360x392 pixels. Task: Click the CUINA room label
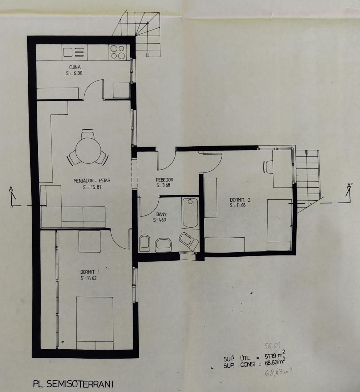click(x=75, y=67)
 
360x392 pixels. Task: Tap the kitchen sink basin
click(x=68, y=52)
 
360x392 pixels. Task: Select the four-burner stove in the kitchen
click(x=118, y=52)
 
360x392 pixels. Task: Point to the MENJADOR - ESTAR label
click(x=92, y=180)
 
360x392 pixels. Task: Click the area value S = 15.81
click(x=92, y=187)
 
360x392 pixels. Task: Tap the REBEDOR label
click(x=165, y=180)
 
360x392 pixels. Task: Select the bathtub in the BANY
click(x=190, y=213)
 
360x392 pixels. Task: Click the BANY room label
click(x=161, y=214)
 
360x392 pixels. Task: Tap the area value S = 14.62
click(x=89, y=278)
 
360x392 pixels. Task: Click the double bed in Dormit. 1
click(x=94, y=323)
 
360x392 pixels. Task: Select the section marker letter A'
click(x=349, y=186)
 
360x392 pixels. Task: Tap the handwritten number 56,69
click(x=272, y=346)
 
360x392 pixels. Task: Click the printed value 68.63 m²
click(x=275, y=363)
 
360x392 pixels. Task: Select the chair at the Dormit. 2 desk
click(x=268, y=167)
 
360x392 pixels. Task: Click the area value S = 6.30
click(x=74, y=73)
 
